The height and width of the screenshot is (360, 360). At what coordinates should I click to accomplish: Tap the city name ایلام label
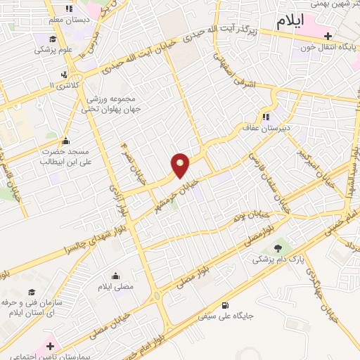click(290, 21)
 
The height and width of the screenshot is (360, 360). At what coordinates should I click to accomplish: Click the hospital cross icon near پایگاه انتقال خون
click(328, 35)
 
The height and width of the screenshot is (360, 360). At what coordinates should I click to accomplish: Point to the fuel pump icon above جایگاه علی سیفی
click(225, 305)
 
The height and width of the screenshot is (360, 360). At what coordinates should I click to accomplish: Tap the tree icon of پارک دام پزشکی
click(278, 247)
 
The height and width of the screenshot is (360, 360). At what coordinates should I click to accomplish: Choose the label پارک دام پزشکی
click(278, 259)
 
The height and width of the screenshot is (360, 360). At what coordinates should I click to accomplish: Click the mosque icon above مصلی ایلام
click(115, 275)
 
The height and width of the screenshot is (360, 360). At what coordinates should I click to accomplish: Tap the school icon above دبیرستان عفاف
click(266, 117)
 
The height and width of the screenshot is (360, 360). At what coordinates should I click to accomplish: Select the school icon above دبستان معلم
click(69, 8)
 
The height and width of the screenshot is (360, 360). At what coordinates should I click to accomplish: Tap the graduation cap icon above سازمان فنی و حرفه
click(31, 291)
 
